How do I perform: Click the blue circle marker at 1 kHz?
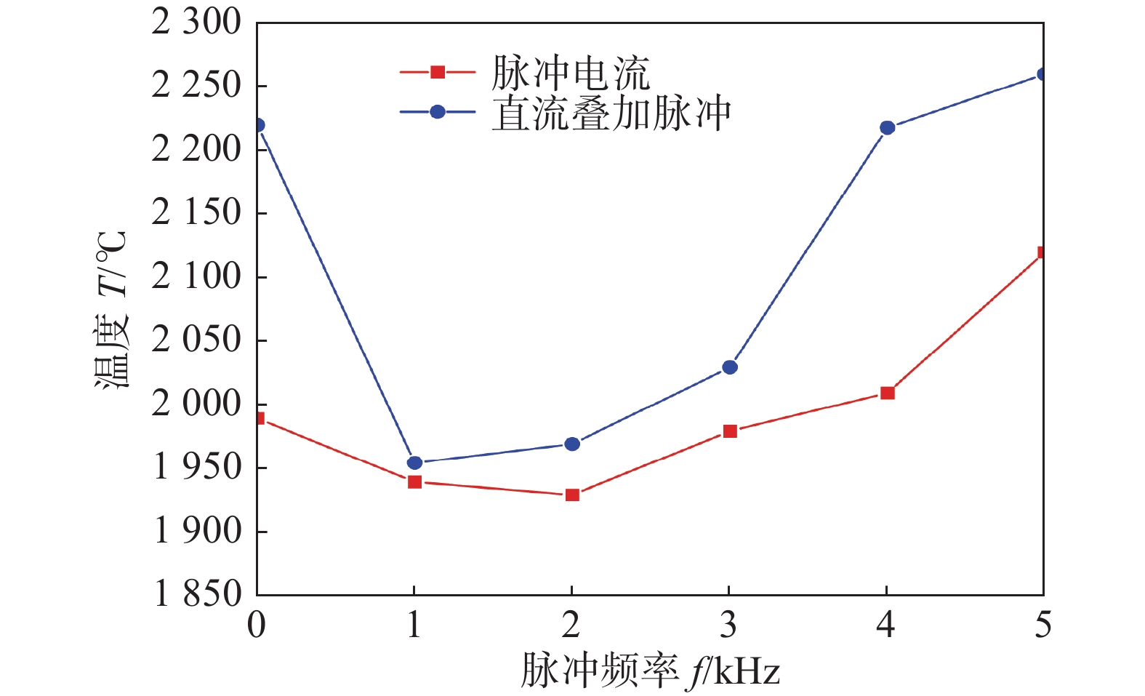point(414,463)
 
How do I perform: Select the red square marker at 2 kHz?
point(572,495)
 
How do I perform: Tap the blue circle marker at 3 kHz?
point(730,367)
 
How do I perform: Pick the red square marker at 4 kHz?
point(887,393)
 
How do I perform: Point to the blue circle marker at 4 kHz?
point(887,128)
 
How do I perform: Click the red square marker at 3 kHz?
point(730,431)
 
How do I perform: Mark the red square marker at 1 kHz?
point(414,481)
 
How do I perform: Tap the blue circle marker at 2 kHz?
point(572,444)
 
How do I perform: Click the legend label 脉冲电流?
point(571,73)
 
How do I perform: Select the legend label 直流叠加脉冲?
point(611,113)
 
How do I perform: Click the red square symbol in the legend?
point(438,72)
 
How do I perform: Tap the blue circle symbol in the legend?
point(438,112)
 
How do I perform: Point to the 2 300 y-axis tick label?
point(196,22)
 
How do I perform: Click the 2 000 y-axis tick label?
point(196,404)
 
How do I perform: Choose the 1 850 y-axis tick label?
point(197,594)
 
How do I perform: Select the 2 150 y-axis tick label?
point(196,213)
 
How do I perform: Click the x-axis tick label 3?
point(728,625)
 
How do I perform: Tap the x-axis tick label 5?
point(1043,625)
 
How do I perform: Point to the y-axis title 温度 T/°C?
point(111,309)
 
